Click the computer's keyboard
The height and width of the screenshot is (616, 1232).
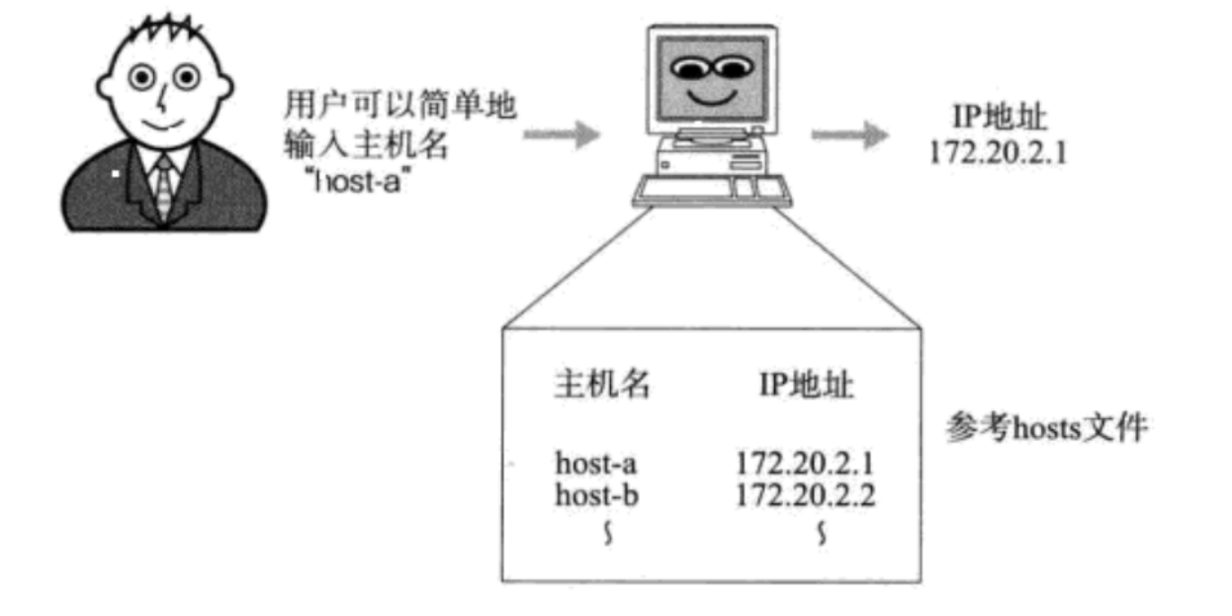pos(713,191)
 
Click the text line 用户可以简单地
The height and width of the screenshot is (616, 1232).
pos(399,104)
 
